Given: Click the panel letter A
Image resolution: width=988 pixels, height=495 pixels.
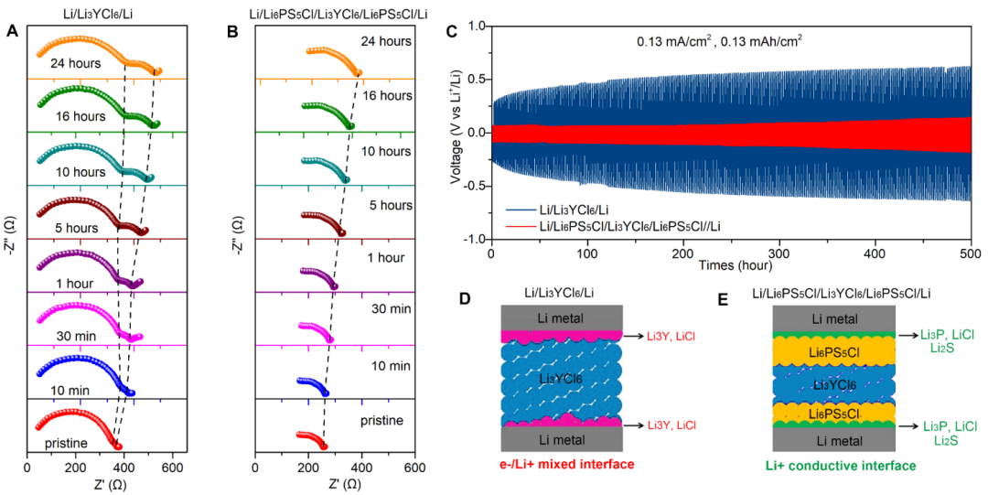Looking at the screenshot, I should [12, 31].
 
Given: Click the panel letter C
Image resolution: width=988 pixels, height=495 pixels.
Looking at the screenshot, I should [450, 31].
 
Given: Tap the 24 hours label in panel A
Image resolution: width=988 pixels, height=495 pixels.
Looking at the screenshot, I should [81, 65].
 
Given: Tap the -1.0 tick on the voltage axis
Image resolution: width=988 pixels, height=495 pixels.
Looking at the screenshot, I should [472, 240].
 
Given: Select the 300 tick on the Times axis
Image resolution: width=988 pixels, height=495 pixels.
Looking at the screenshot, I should [779, 252].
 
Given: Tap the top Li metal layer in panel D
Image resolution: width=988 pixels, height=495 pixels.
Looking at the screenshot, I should [562, 317].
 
